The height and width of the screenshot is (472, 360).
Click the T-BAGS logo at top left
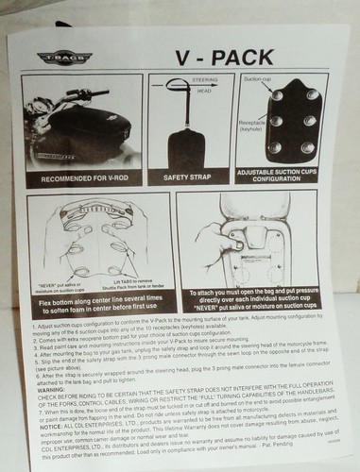(x=60, y=58)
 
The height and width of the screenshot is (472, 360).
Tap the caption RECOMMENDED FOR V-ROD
(x=84, y=177)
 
